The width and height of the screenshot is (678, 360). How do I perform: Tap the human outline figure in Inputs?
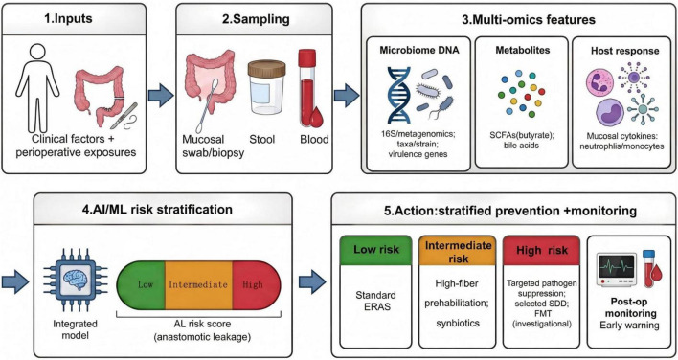pyautogui.click(x=37, y=89)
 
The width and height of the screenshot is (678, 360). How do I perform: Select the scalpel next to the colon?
pyautogui.click(x=124, y=115)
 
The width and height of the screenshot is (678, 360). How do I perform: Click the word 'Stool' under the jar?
pyautogui.click(x=262, y=140)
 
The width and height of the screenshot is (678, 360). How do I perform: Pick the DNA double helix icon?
pyautogui.click(x=398, y=95)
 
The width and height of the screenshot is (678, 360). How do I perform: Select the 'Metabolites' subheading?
pyautogui.click(x=521, y=50)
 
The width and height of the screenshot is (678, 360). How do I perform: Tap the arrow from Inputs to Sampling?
pyautogui.click(x=161, y=96)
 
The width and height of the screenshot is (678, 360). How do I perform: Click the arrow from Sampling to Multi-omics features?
pyautogui.click(x=347, y=96)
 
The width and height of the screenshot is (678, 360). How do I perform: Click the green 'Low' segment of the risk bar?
pyautogui.click(x=142, y=284)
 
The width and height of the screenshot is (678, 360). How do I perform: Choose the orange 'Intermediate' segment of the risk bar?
pyautogui.click(x=198, y=284)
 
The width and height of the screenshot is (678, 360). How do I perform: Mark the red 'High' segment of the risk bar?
pyautogui.click(x=256, y=284)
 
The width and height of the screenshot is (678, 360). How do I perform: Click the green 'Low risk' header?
pyautogui.click(x=375, y=250)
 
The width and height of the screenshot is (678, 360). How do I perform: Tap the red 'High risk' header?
pyautogui.click(x=541, y=250)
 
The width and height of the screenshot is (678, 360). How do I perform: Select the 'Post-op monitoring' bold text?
pyautogui.click(x=629, y=306)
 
